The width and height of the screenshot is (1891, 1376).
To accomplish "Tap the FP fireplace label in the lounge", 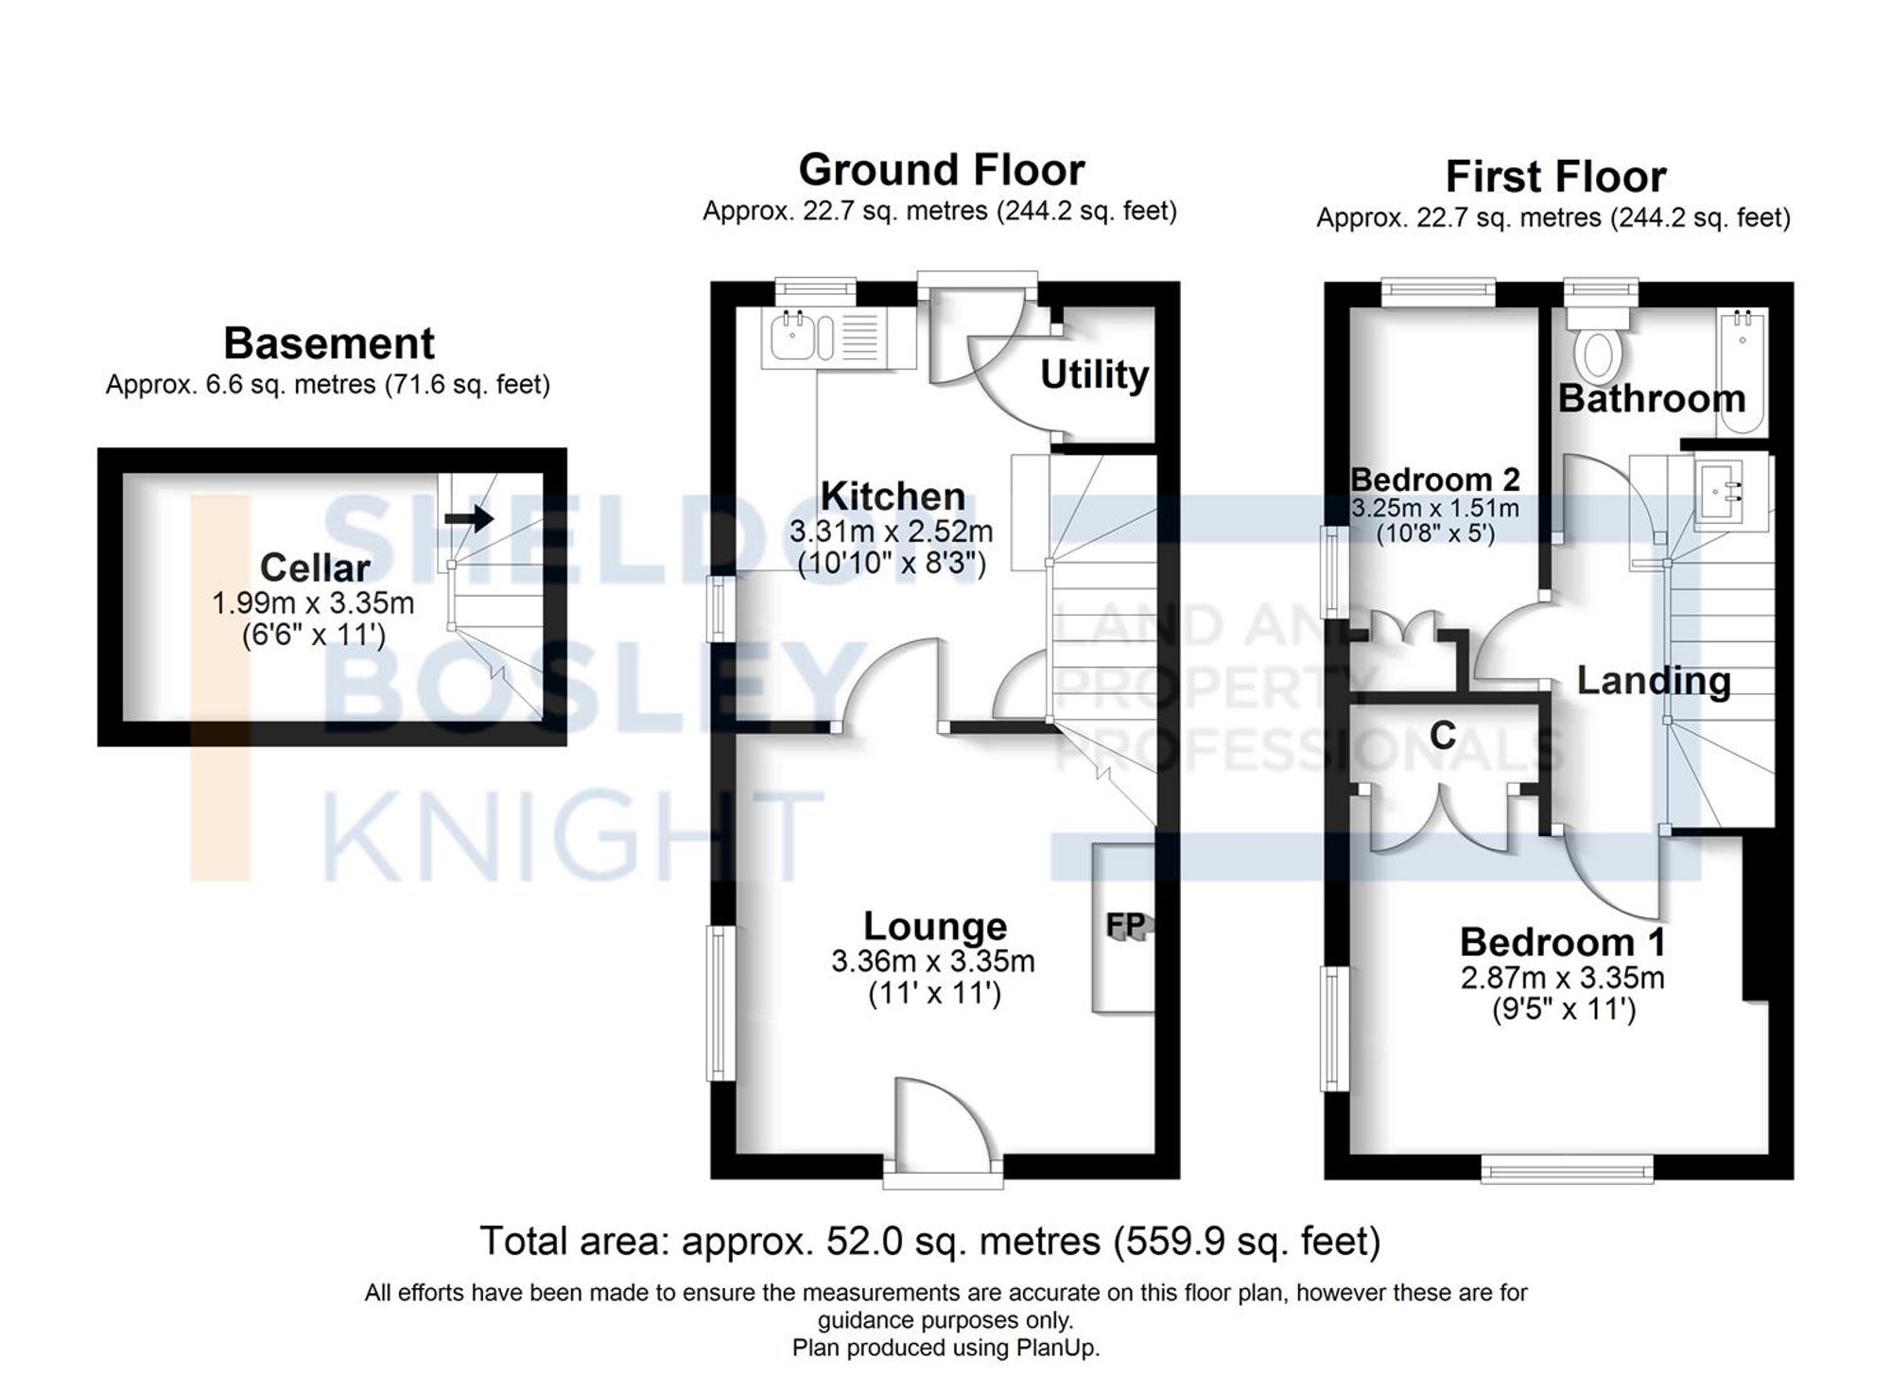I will (x=1125, y=925).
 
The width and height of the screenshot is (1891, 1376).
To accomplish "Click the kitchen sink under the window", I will (x=789, y=338).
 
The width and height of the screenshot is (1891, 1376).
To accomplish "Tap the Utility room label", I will (x=1094, y=374).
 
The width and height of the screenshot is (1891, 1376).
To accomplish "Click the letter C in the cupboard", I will (x=1442, y=735).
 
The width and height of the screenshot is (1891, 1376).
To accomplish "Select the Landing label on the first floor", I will (x=1654, y=681).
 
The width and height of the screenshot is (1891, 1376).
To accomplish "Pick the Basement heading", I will (x=329, y=343).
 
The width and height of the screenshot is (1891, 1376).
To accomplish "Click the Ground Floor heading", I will (x=941, y=170).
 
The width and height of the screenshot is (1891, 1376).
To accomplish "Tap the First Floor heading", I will (x=1555, y=177).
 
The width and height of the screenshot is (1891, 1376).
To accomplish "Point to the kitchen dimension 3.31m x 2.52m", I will (x=892, y=531).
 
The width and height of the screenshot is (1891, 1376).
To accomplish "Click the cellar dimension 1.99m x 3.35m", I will (x=313, y=602).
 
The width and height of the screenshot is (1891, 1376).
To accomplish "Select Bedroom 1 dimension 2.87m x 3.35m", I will (x=1563, y=977).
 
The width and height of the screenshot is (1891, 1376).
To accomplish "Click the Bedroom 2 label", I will (x=1435, y=479).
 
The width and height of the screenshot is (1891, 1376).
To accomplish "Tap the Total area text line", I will (x=930, y=1241).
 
